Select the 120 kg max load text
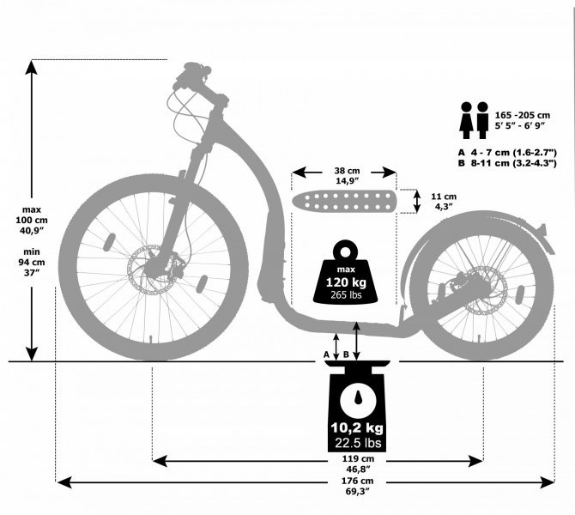tap(346, 282)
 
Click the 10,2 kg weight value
tap(357, 427)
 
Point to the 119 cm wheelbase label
tap(358, 458)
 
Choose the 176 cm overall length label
tap(358, 481)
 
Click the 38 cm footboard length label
tap(347, 171)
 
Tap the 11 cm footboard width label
tap(444, 197)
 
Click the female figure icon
tap(466, 120)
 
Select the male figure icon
tap(482, 120)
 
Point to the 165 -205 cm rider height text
tap(523, 115)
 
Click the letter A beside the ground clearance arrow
tap(326, 354)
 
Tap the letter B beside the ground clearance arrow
tap(346, 354)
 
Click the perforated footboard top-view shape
tap(344, 202)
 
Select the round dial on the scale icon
tap(358, 400)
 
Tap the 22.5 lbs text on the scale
tap(358, 443)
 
